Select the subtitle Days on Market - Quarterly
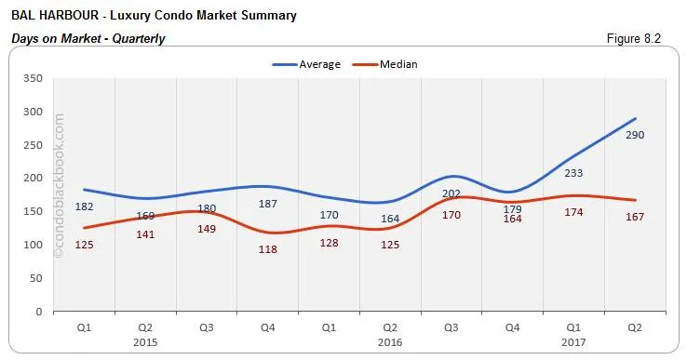(x=88, y=38)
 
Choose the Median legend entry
(x=397, y=64)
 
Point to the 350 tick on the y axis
(x=34, y=79)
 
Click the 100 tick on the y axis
(x=34, y=245)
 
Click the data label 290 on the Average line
(x=635, y=136)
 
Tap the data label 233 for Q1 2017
(x=573, y=173)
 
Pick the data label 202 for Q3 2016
(x=451, y=193)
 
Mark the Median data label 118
(x=268, y=249)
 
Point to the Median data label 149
(x=207, y=229)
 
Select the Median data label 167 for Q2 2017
(x=635, y=218)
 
